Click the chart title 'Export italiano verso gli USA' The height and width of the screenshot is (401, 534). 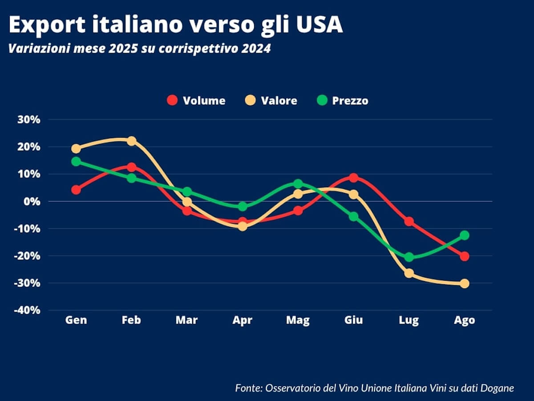tap(176, 25)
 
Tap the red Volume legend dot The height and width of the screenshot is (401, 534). tap(172, 100)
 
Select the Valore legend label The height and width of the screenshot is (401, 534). tap(279, 101)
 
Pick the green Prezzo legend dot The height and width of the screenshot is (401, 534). tap(322, 100)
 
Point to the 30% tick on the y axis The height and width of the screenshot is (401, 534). tap(29, 119)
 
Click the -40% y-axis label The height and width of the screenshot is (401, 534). tap(27, 311)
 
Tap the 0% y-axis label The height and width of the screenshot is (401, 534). tap(32, 201)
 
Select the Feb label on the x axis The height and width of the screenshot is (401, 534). tap(131, 320)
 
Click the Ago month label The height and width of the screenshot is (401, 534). tap(465, 320)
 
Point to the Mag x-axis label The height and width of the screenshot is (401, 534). tap(298, 320)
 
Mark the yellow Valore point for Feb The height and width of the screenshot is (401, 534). tap(132, 141)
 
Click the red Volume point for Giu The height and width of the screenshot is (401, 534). tap(354, 177)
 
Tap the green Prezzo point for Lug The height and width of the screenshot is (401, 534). tap(409, 257)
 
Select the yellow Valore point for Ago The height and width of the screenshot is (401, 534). tap(465, 283)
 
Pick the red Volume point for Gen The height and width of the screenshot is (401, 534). tap(76, 190)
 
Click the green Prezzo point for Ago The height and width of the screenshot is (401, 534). tap(465, 235)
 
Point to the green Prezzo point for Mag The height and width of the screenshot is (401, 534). tap(298, 183)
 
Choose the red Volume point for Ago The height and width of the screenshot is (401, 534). tap(465, 256)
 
